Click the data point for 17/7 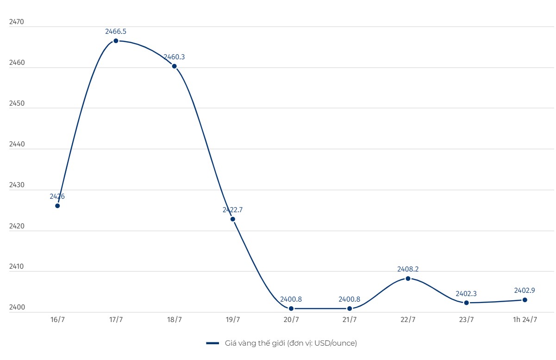click(116, 41)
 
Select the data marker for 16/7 click(57, 206)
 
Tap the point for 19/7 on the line click(232, 219)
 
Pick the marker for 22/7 click(408, 278)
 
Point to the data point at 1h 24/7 click(525, 300)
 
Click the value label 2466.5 click(116, 32)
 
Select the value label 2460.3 click(174, 57)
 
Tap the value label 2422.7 click(232, 210)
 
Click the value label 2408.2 click(408, 269)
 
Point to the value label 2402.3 click(466, 293)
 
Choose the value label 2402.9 click(525, 291)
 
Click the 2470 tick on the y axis click(16, 22)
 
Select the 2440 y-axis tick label click(16, 144)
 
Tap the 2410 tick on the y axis click(16, 267)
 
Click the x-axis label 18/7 click(174, 320)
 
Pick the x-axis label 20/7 click(291, 320)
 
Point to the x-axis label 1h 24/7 click(525, 320)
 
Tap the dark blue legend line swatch click(212, 343)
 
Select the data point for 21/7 click(350, 309)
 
